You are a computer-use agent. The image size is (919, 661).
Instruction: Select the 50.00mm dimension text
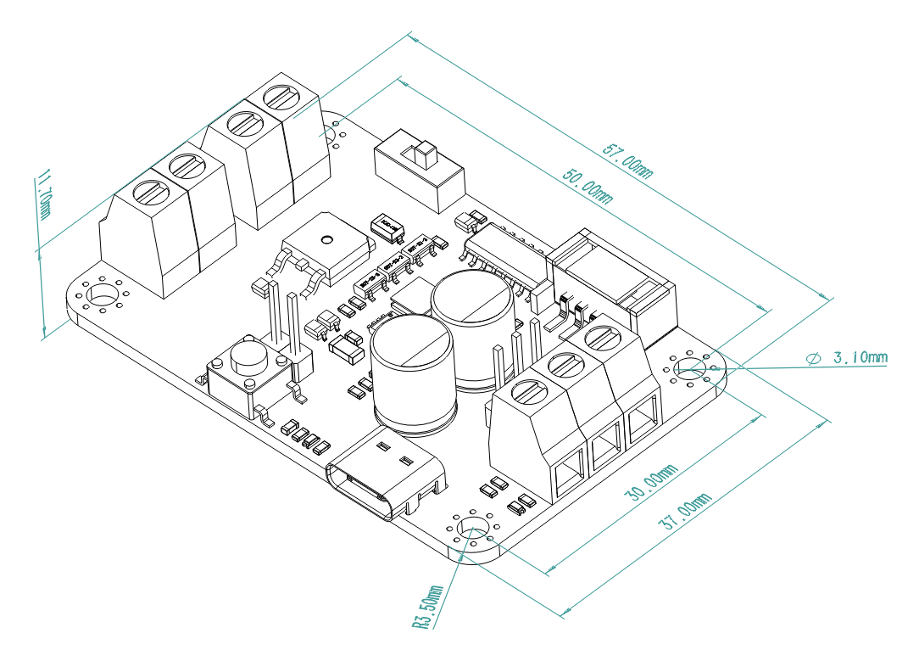click(x=587, y=184)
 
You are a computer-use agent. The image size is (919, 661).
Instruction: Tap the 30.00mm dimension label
click(x=650, y=483)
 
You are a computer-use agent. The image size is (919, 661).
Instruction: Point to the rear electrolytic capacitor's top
click(x=471, y=298)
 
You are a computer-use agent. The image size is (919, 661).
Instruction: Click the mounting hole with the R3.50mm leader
click(x=471, y=529)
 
